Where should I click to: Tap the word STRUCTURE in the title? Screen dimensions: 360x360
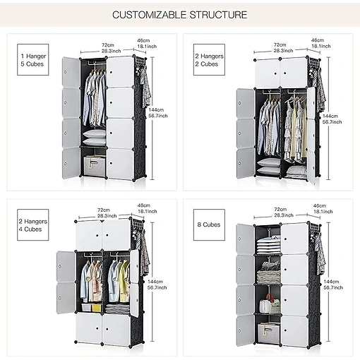click(x=218, y=15)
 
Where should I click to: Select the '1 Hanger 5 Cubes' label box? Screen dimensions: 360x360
click(x=33, y=60)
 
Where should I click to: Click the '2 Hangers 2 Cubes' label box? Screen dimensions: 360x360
click(x=209, y=60)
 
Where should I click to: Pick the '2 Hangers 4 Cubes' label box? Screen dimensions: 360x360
click(x=33, y=225)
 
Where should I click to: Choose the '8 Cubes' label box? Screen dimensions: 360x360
click(x=209, y=225)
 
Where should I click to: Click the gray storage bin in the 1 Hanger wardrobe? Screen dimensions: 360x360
click(x=92, y=165)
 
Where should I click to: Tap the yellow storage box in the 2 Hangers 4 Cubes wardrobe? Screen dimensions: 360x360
click(x=96, y=308)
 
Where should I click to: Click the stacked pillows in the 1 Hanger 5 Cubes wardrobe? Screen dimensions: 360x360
click(x=94, y=138)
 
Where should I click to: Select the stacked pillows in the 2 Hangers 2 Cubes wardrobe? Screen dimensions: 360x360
click(x=268, y=167)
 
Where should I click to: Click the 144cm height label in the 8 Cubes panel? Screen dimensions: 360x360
click(x=331, y=282)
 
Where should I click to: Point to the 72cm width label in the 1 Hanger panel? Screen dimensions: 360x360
click(x=108, y=45)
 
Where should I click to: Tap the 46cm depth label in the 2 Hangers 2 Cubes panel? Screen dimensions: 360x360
click(x=318, y=40)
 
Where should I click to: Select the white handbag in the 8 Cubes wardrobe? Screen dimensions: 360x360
click(x=265, y=306)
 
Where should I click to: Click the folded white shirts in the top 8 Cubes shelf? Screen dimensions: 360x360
click(x=268, y=246)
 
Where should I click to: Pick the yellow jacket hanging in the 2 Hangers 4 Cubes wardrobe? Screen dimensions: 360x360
click(x=124, y=280)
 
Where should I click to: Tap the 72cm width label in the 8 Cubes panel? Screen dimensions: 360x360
click(x=280, y=209)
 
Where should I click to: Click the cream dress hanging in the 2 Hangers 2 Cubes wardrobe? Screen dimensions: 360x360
click(x=294, y=132)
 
